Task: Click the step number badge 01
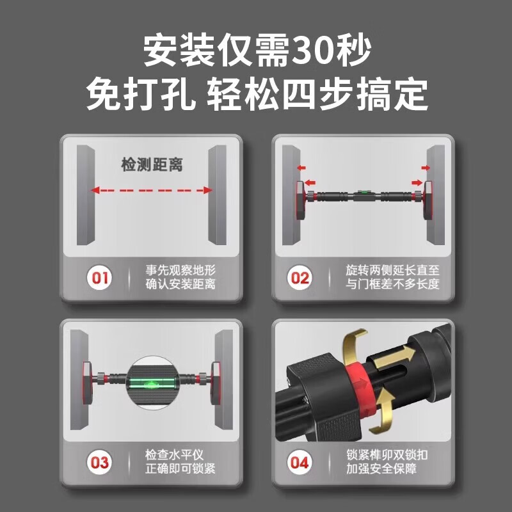[x=99, y=278]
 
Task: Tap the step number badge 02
[x=300, y=278]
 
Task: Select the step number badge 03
[x=99, y=462]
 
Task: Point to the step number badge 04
[x=300, y=462]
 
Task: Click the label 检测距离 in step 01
[x=152, y=165]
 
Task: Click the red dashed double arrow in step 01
[x=151, y=190]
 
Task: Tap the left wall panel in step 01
[x=84, y=195]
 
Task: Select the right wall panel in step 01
[x=218, y=195]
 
